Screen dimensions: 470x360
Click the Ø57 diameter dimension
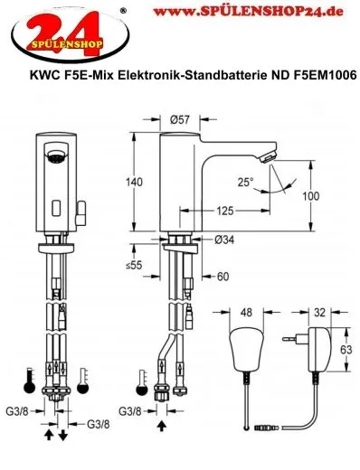coord(179,119)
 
